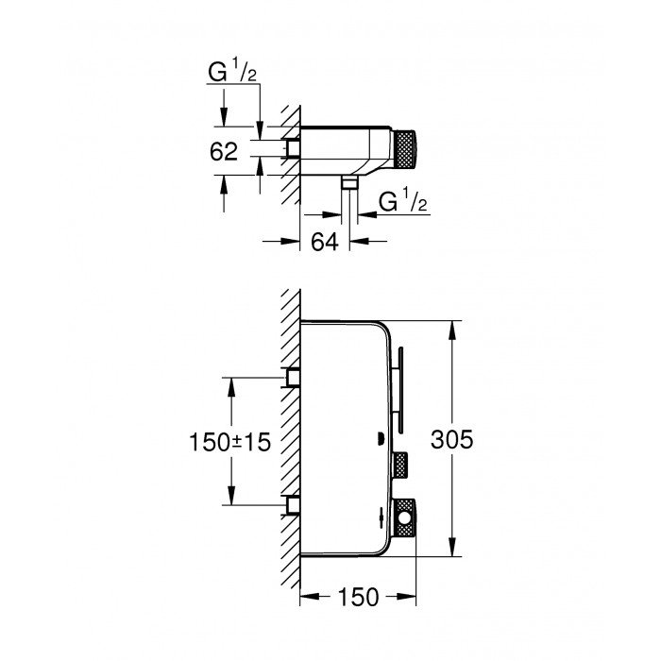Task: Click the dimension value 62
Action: tap(225, 151)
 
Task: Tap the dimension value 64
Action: tap(324, 242)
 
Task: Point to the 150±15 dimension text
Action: tap(229, 440)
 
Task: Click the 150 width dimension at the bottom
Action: tap(359, 597)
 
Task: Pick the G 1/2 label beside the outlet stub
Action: tap(400, 202)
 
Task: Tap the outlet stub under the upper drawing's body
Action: tap(350, 182)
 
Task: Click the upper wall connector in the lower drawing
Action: tap(294, 378)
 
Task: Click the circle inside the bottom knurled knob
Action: tap(406, 517)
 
